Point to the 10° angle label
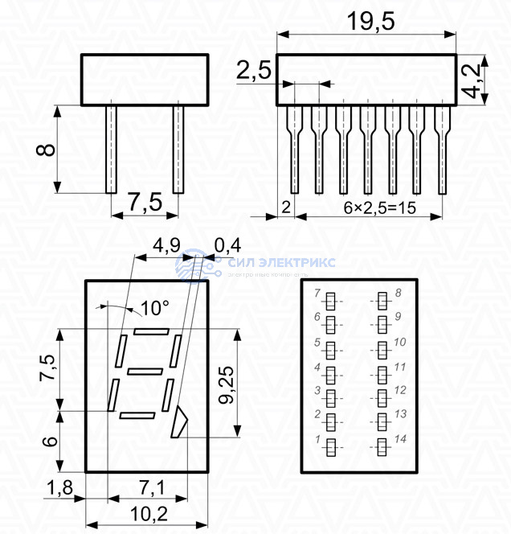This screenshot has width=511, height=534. click(x=154, y=307)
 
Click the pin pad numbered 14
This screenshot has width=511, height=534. click(x=382, y=447)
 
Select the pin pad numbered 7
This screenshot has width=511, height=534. click(x=329, y=300)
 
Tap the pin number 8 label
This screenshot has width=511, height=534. click(x=399, y=293)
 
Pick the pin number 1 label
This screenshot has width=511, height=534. click(x=318, y=440)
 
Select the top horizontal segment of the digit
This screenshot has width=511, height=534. click(x=152, y=331)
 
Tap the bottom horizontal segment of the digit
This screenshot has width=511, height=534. click(x=137, y=415)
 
